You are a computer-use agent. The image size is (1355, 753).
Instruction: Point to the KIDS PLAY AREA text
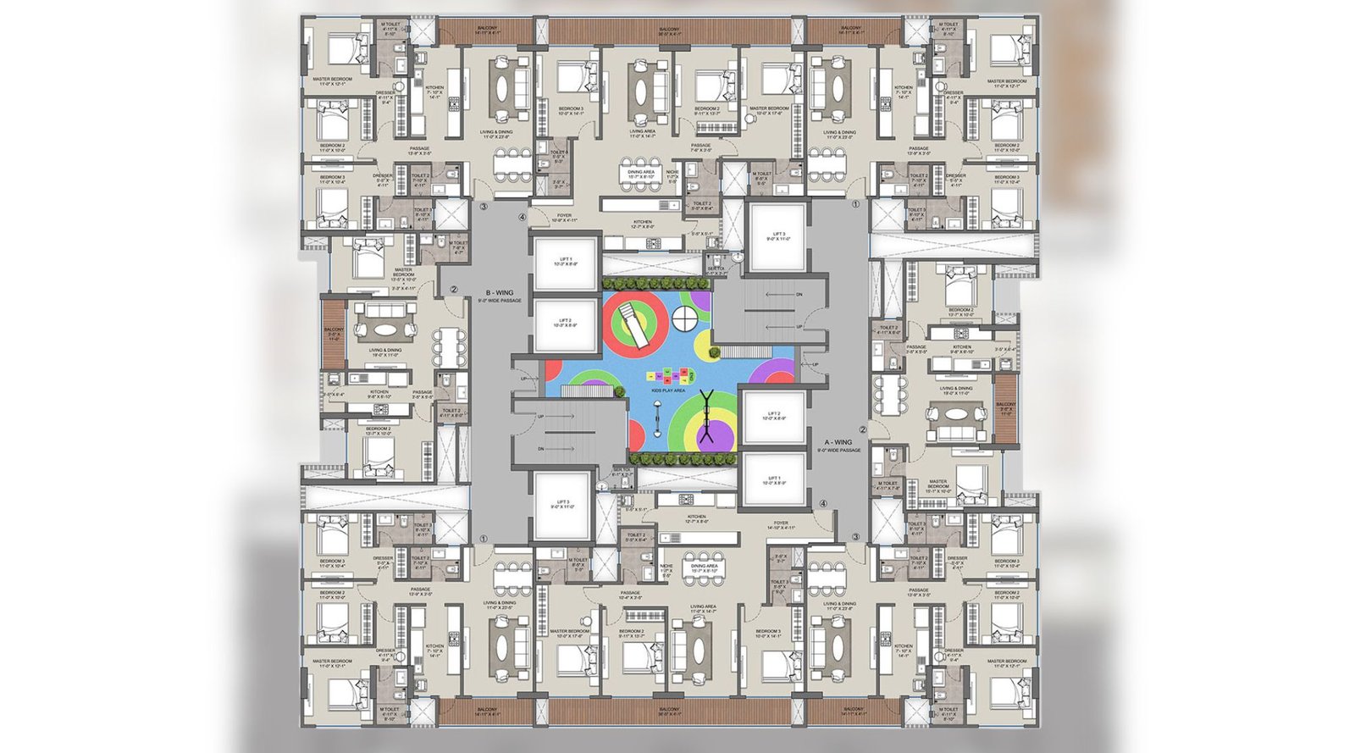click(668, 391)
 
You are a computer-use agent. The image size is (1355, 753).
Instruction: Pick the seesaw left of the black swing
click(658, 421)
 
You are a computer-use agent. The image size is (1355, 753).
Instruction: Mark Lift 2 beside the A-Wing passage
click(773, 418)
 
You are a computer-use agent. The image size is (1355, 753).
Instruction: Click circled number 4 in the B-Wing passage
click(523, 215)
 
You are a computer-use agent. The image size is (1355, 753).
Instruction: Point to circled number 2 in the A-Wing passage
click(863, 429)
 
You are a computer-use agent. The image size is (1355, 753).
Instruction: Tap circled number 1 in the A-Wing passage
click(855, 204)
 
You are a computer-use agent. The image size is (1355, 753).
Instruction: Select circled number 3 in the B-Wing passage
click(484, 206)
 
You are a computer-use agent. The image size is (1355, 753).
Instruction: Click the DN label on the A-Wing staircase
click(799, 295)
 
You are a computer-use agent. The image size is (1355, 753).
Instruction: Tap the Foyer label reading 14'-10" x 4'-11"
click(780, 525)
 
